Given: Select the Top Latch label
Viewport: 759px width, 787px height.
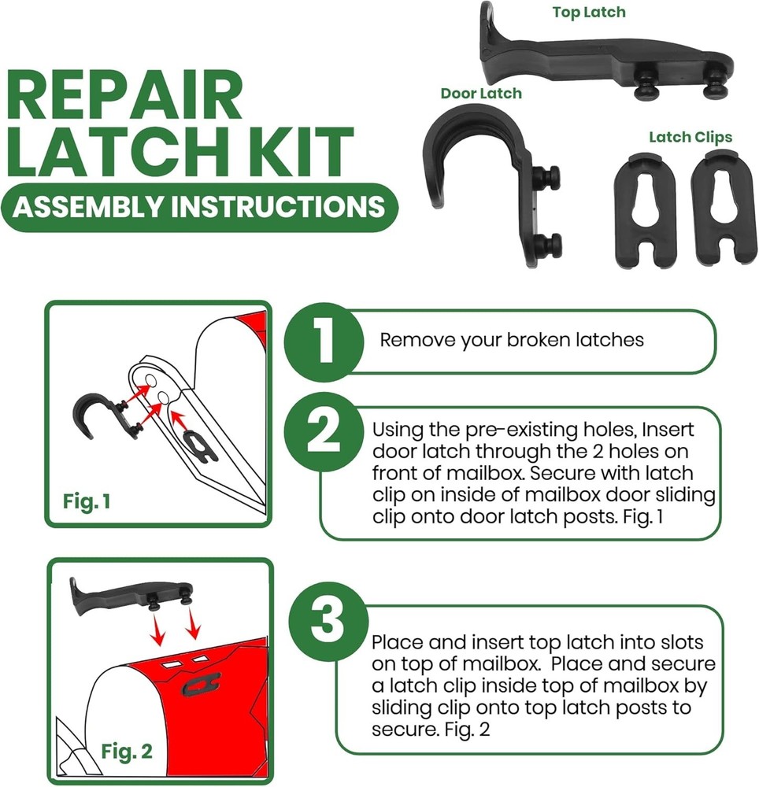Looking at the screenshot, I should pos(589,12).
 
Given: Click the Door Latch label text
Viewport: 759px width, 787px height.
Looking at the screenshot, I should pos(480,93).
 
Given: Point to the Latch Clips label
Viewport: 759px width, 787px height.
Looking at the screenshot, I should pos(691,137).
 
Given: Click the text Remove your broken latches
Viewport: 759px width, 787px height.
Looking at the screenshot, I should pos(512,340).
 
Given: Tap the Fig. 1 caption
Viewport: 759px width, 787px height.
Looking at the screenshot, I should pos(87,500).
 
